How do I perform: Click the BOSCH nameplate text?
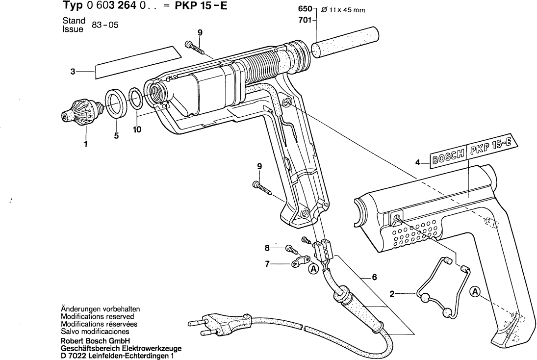point(447,155)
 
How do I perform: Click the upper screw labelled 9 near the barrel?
point(195,48)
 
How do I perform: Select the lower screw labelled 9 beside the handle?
point(263,187)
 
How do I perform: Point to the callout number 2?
point(392,294)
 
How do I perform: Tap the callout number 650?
point(305,10)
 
